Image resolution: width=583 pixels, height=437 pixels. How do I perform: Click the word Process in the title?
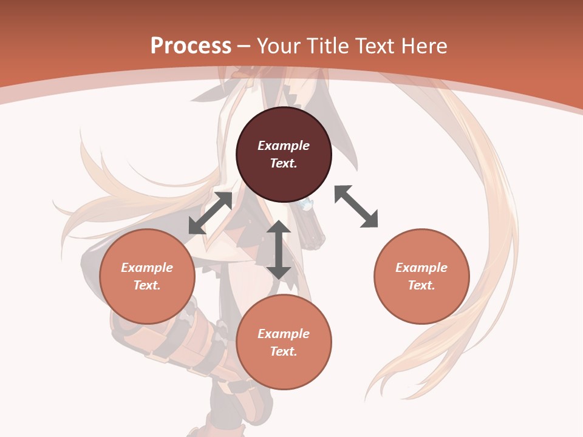pyautogui.click(x=191, y=46)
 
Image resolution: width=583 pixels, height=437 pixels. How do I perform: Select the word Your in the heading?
pyautogui.click(x=278, y=46)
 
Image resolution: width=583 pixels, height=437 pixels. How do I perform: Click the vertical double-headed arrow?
pyautogui.click(x=279, y=249)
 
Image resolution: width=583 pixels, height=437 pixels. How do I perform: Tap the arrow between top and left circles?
pyautogui.click(x=211, y=213)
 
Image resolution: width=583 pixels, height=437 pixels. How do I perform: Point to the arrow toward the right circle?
pyautogui.click(x=356, y=206)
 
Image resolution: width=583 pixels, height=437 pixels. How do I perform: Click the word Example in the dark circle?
pyautogui.click(x=284, y=146)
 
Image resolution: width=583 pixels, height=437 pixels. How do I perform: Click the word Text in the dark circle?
pyautogui.click(x=284, y=163)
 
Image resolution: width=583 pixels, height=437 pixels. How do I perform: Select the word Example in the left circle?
pyautogui.click(x=147, y=268)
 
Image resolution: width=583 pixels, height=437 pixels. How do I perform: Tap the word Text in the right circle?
pyautogui.click(x=421, y=285)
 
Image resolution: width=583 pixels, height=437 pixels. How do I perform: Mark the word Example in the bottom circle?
pyautogui.click(x=284, y=334)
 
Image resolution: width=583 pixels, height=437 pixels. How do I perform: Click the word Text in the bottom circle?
pyautogui.click(x=284, y=351)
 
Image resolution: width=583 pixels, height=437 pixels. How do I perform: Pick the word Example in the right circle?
pyautogui.click(x=421, y=268)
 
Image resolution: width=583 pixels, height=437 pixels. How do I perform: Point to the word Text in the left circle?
pyautogui.click(x=147, y=285)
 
